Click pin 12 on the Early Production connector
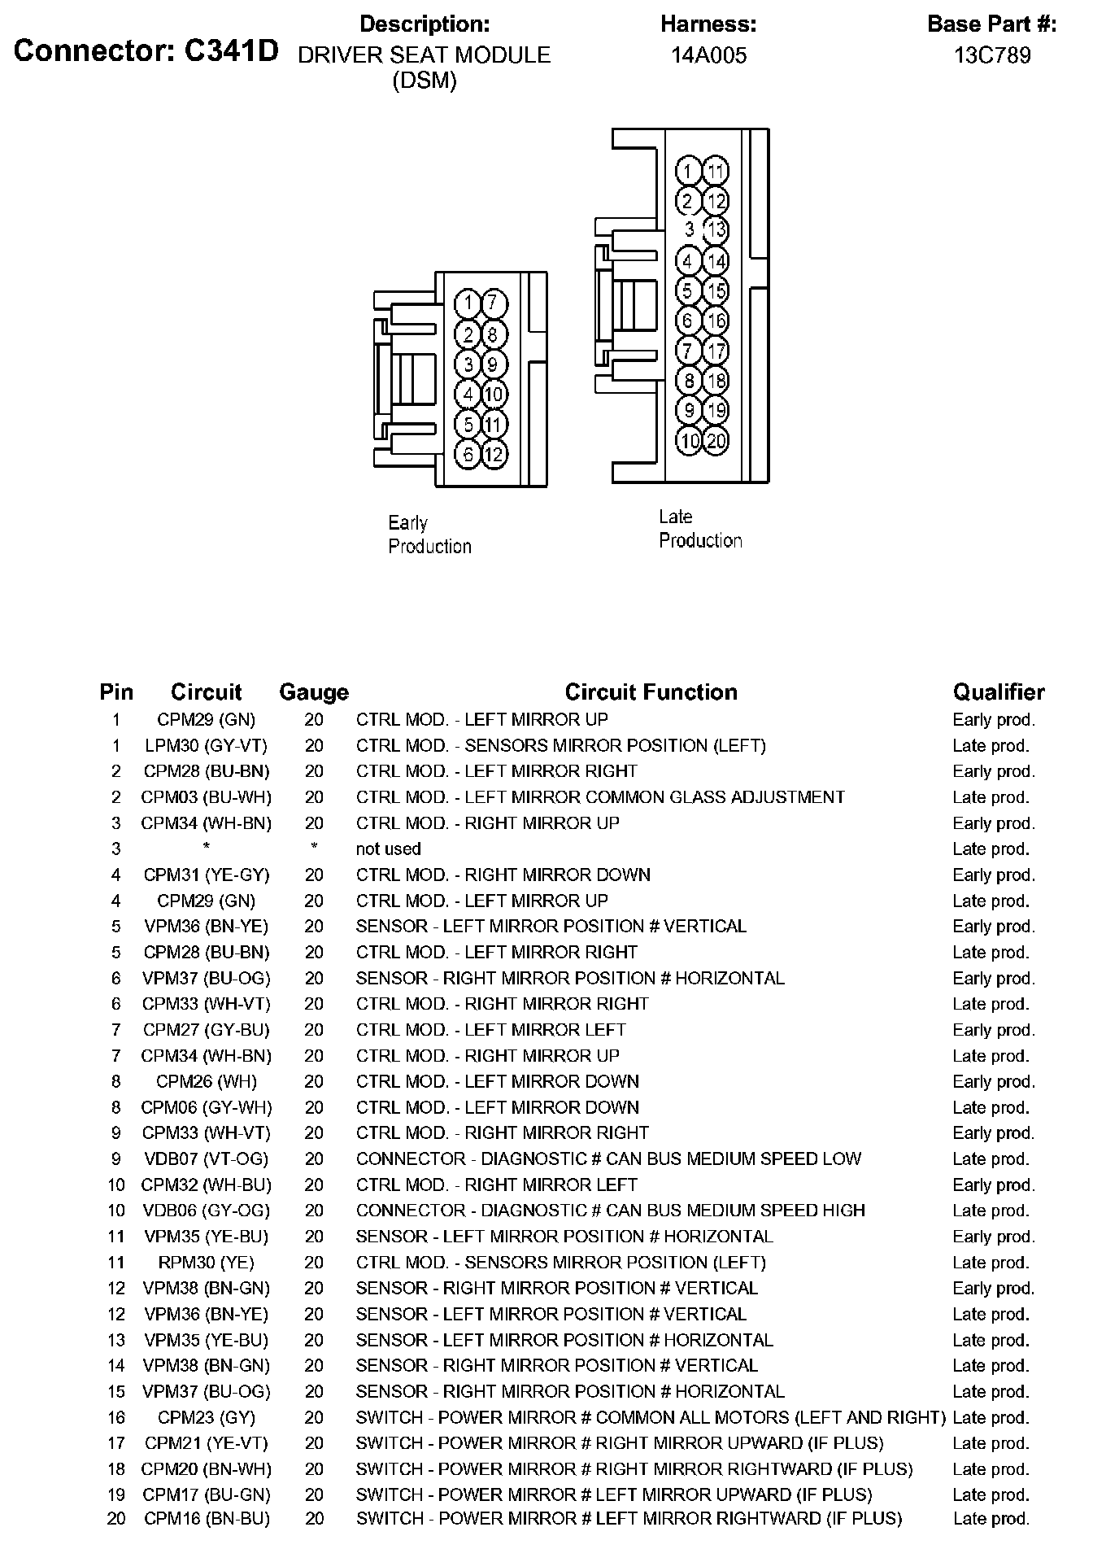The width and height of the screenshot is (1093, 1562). click(494, 454)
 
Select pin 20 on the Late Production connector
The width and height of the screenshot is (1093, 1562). click(716, 441)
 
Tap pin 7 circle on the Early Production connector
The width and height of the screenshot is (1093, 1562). click(493, 304)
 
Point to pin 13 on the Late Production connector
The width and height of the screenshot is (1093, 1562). click(716, 230)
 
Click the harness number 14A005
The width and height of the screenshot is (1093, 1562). click(708, 55)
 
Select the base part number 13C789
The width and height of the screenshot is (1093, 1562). click(992, 55)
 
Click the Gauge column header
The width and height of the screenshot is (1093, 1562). click(314, 692)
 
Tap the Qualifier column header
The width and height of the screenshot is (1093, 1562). click(999, 692)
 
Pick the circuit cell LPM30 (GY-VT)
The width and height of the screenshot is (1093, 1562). click(206, 745)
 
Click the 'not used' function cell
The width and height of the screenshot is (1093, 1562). click(388, 849)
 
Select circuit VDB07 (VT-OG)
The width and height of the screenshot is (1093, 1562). click(206, 1158)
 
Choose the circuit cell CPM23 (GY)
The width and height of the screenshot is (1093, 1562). click(206, 1417)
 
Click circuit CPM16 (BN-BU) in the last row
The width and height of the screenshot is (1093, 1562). click(206, 1518)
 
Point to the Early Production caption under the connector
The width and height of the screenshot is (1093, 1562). click(429, 534)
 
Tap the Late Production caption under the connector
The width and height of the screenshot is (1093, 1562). click(700, 529)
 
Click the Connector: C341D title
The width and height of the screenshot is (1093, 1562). click(146, 51)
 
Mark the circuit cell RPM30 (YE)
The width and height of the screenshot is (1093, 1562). click(206, 1263)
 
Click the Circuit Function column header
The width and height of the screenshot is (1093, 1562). click(651, 692)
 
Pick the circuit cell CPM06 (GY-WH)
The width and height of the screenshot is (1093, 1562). click(206, 1107)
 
